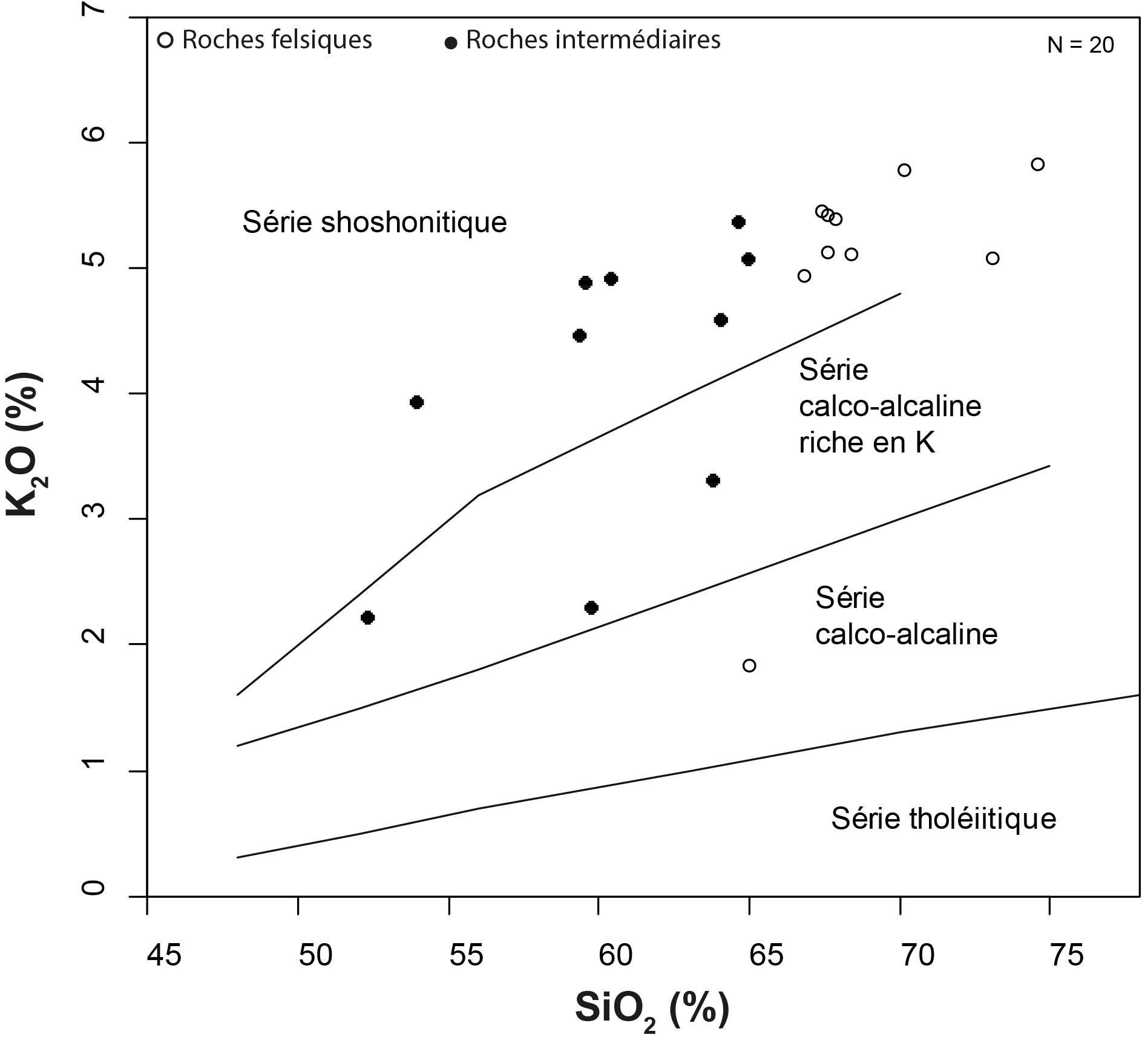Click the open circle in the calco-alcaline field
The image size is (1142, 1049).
[749, 666]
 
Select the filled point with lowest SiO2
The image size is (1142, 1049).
[367, 618]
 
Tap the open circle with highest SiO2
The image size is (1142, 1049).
[1038, 165]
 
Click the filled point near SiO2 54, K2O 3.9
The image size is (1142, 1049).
[416, 402]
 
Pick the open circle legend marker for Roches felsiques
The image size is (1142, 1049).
[165, 41]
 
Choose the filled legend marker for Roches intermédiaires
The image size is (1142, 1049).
[451, 42]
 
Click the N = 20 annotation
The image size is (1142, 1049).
[1081, 45]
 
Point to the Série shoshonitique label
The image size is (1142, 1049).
[374, 222]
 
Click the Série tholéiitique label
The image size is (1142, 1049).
[943, 819]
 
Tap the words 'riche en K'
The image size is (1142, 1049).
[867, 443]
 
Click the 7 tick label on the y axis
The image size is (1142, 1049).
[96, 8]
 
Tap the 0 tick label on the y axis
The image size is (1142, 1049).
[96, 888]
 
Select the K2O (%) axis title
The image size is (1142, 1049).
[25, 445]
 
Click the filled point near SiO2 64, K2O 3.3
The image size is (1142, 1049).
[713, 481]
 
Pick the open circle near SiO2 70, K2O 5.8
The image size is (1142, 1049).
[904, 171]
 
